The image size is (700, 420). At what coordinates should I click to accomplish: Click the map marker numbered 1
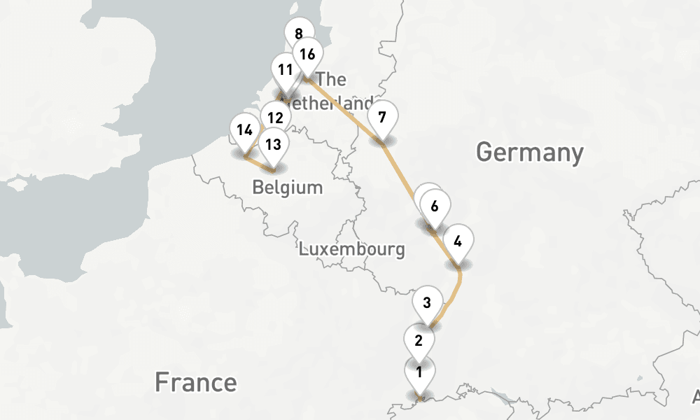click(419, 372)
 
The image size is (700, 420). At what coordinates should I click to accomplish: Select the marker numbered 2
click(419, 341)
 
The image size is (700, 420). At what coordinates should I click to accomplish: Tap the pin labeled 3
click(428, 304)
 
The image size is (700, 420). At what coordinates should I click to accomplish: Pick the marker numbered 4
click(458, 242)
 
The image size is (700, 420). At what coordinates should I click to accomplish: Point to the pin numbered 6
click(435, 206)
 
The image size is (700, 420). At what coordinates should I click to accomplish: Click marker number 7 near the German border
click(381, 117)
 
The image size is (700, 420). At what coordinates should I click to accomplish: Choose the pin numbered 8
click(299, 33)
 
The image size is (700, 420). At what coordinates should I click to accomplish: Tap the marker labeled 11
click(285, 70)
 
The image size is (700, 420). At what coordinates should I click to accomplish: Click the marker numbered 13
click(274, 145)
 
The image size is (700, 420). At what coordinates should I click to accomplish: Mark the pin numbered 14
click(244, 130)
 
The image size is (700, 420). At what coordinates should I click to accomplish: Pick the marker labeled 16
click(307, 54)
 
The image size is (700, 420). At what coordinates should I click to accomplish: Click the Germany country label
click(529, 151)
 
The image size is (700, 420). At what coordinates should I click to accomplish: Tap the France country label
click(195, 382)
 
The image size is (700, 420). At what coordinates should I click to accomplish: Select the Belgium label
click(288, 188)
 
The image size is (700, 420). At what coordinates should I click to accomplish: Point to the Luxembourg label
click(351, 248)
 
